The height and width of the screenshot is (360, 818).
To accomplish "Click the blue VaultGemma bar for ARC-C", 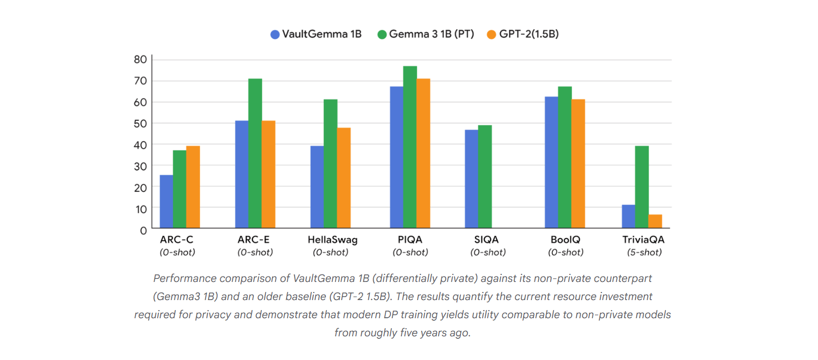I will [166, 201].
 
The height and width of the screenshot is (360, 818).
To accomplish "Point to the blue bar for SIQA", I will [471, 179].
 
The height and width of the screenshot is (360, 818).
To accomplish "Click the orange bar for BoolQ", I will [578, 164].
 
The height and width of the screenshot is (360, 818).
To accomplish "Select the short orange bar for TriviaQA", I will [655, 221].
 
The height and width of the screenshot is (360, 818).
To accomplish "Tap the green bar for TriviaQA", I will [642, 187].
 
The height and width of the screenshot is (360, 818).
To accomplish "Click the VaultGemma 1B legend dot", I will [275, 34].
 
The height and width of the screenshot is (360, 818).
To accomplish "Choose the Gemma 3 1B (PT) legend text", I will [432, 34].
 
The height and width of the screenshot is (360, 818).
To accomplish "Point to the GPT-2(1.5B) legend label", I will [529, 34].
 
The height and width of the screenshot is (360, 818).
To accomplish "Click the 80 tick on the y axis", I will [141, 59].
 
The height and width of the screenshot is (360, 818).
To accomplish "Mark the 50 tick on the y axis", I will [141, 123].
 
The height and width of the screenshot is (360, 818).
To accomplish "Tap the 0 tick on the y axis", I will [144, 231].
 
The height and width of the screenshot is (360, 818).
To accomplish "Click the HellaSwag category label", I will [332, 240].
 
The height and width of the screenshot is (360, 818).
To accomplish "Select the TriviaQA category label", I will [643, 240].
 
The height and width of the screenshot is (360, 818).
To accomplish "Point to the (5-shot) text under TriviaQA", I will [644, 252].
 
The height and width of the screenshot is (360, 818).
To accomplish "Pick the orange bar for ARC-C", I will [193, 187].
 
